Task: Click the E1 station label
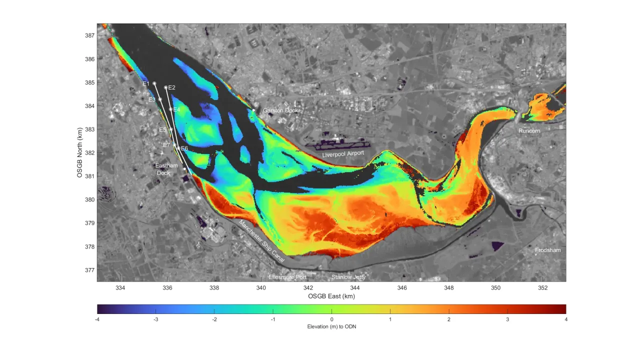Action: tap(146, 83)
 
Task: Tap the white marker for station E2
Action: tap(165, 87)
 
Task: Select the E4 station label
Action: tap(176, 109)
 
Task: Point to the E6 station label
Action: tap(184, 148)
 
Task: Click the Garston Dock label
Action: tap(280, 110)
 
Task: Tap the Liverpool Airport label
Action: tap(343, 154)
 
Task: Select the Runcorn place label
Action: tap(529, 130)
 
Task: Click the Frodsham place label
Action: tap(548, 250)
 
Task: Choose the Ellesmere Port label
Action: tap(287, 277)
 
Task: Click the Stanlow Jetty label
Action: tap(348, 277)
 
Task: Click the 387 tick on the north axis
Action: tap(90, 35)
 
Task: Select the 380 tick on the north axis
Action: tap(90, 199)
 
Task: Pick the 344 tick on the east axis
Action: tap(355, 287)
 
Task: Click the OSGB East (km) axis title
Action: tap(331, 296)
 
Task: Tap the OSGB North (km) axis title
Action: tap(80, 152)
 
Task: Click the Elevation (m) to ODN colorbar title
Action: tap(331, 326)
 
